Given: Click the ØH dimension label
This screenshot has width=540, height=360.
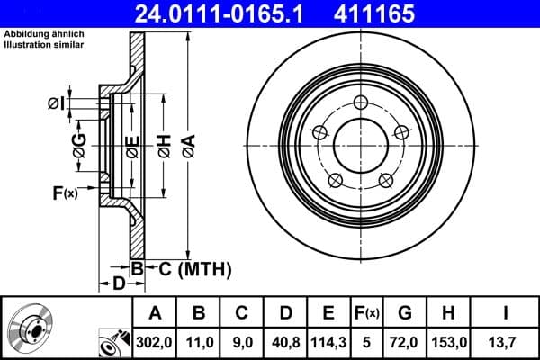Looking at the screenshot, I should (164, 144).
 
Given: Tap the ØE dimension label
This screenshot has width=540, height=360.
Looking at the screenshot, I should (131, 144).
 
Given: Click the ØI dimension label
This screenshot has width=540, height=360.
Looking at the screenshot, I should (56, 103).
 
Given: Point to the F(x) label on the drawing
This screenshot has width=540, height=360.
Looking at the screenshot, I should (65, 193).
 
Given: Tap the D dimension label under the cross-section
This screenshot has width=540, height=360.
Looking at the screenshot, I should (118, 284).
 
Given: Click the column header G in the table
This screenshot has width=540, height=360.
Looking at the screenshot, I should (404, 312).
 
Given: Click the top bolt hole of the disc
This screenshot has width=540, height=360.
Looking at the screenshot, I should (361, 102).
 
